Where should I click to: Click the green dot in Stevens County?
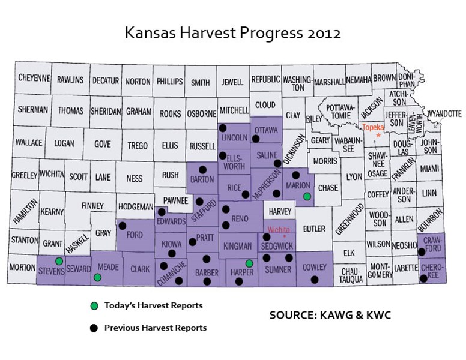coord(59,261)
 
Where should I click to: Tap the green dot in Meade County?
coord(97,277)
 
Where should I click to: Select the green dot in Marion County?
coord(307,196)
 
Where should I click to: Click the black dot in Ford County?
coord(122,226)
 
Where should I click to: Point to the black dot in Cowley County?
coord(314,280)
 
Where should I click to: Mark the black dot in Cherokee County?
coord(424,278)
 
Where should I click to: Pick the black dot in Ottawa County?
coord(255,139)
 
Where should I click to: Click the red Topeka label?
coord(374,127)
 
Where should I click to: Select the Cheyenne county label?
coord(34,79)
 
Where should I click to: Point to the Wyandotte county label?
coord(444,113)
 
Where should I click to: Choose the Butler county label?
coord(314,229)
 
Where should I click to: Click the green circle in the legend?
coord(94,306)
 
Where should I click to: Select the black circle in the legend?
coord(94,328)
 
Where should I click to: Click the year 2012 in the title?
coord(321,33)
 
